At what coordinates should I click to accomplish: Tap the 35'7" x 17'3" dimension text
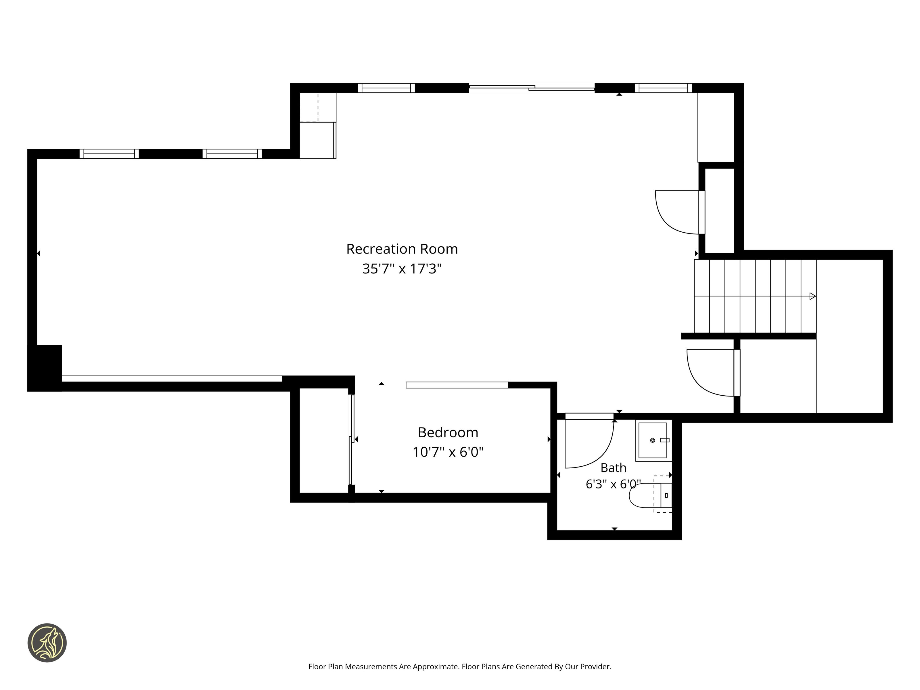tap(402, 269)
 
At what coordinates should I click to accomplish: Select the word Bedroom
tap(448, 433)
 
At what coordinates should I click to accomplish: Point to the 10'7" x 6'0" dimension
tap(448, 452)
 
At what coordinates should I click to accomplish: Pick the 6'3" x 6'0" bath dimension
tap(613, 484)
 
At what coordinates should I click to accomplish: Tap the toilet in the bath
tap(651, 495)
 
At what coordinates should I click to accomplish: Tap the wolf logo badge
tap(47, 643)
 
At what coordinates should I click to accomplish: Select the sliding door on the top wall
tap(532, 87)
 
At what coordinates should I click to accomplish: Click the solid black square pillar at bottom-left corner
tap(45, 368)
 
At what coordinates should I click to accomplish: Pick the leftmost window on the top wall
tap(109, 154)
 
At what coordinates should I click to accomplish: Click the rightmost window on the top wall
tap(663, 88)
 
